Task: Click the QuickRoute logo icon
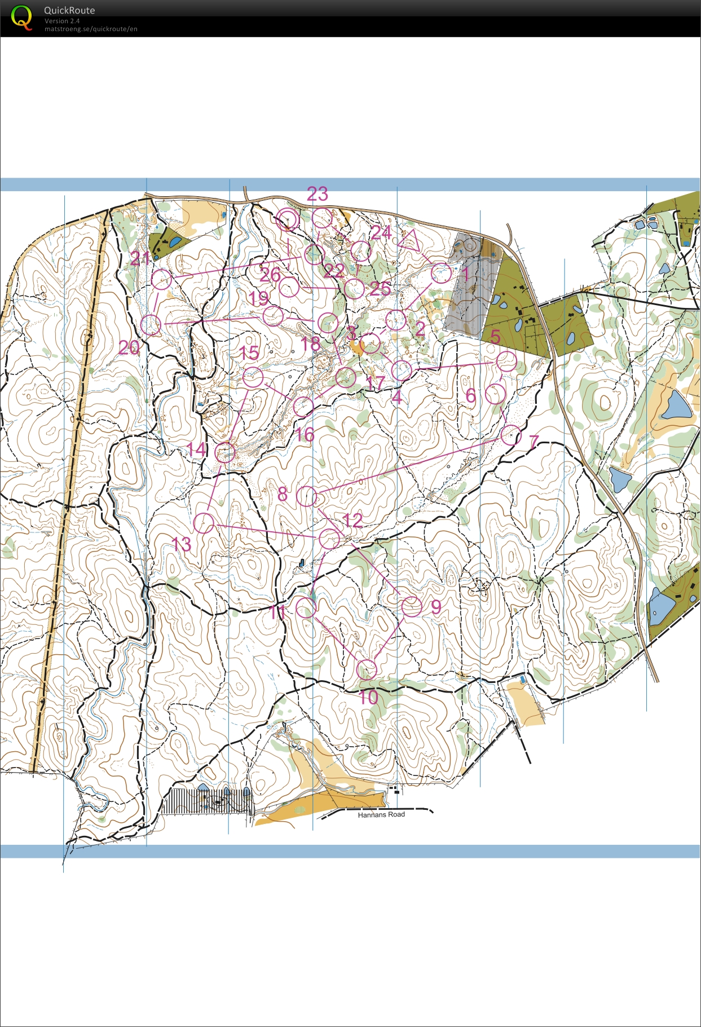coord(21,17)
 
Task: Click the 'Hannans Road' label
coord(381,814)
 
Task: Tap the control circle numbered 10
coord(367,669)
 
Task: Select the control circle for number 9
coord(412,607)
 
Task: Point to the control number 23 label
coord(318,194)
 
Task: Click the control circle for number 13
coord(204,523)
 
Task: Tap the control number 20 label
coord(129,347)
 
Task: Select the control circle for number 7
coord(511,435)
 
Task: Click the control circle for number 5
coord(507,361)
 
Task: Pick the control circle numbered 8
coord(307,496)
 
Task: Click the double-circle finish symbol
coord(288,219)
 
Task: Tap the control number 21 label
coord(140,258)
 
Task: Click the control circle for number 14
coord(225,452)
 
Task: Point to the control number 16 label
coord(305,434)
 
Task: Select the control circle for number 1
coord(441,273)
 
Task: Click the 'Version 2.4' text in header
coord(62,21)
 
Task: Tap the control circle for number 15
coord(253,377)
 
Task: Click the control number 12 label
coord(352,519)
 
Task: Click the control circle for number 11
coord(306,607)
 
